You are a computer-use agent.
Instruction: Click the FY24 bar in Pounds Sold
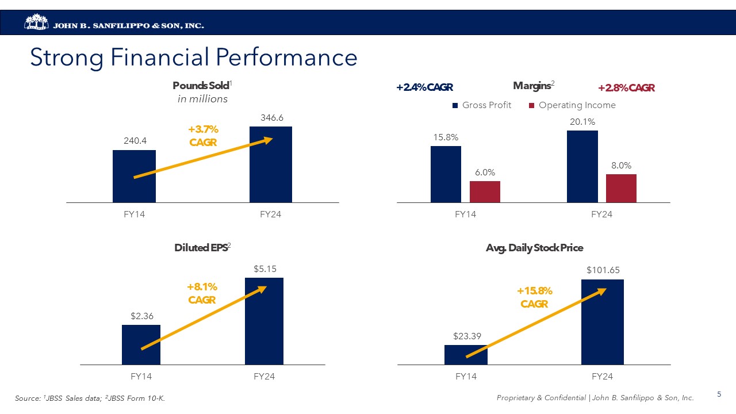(270, 164)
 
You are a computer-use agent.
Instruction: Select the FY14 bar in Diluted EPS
(141, 345)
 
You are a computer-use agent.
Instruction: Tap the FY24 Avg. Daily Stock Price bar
(602, 322)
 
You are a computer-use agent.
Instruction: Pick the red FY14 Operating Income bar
(485, 191)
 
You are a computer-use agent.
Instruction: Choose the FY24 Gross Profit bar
(582, 167)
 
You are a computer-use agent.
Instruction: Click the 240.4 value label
(134, 140)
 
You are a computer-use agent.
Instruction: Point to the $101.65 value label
(603, 269)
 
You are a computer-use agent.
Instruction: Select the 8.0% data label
(621, 164)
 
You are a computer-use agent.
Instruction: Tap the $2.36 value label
(141, 315)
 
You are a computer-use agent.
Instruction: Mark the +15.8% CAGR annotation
(535, 297)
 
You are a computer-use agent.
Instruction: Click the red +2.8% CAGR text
(626, 88)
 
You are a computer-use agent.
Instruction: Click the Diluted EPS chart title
(201, 248)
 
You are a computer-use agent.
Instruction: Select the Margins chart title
(531, 86)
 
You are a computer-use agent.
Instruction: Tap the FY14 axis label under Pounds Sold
(134, 214)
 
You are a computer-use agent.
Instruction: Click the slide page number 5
(719, 394)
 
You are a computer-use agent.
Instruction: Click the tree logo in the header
(37, 22)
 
